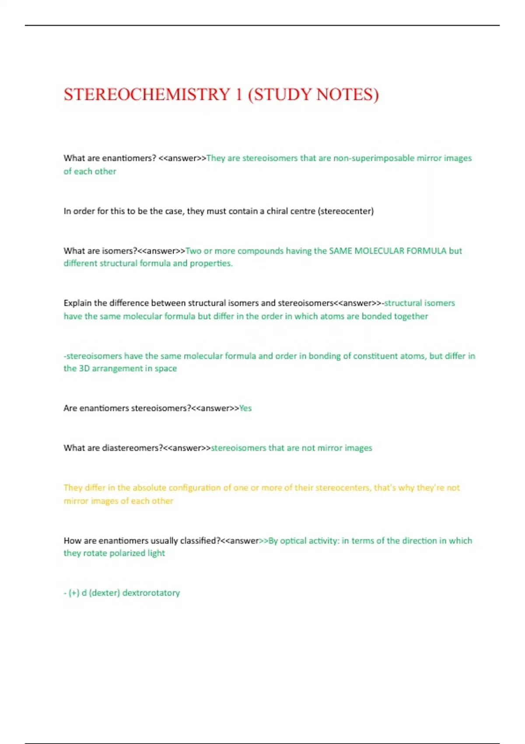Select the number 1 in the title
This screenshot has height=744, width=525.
[238, 95]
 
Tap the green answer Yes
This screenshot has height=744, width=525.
[245, 408]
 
